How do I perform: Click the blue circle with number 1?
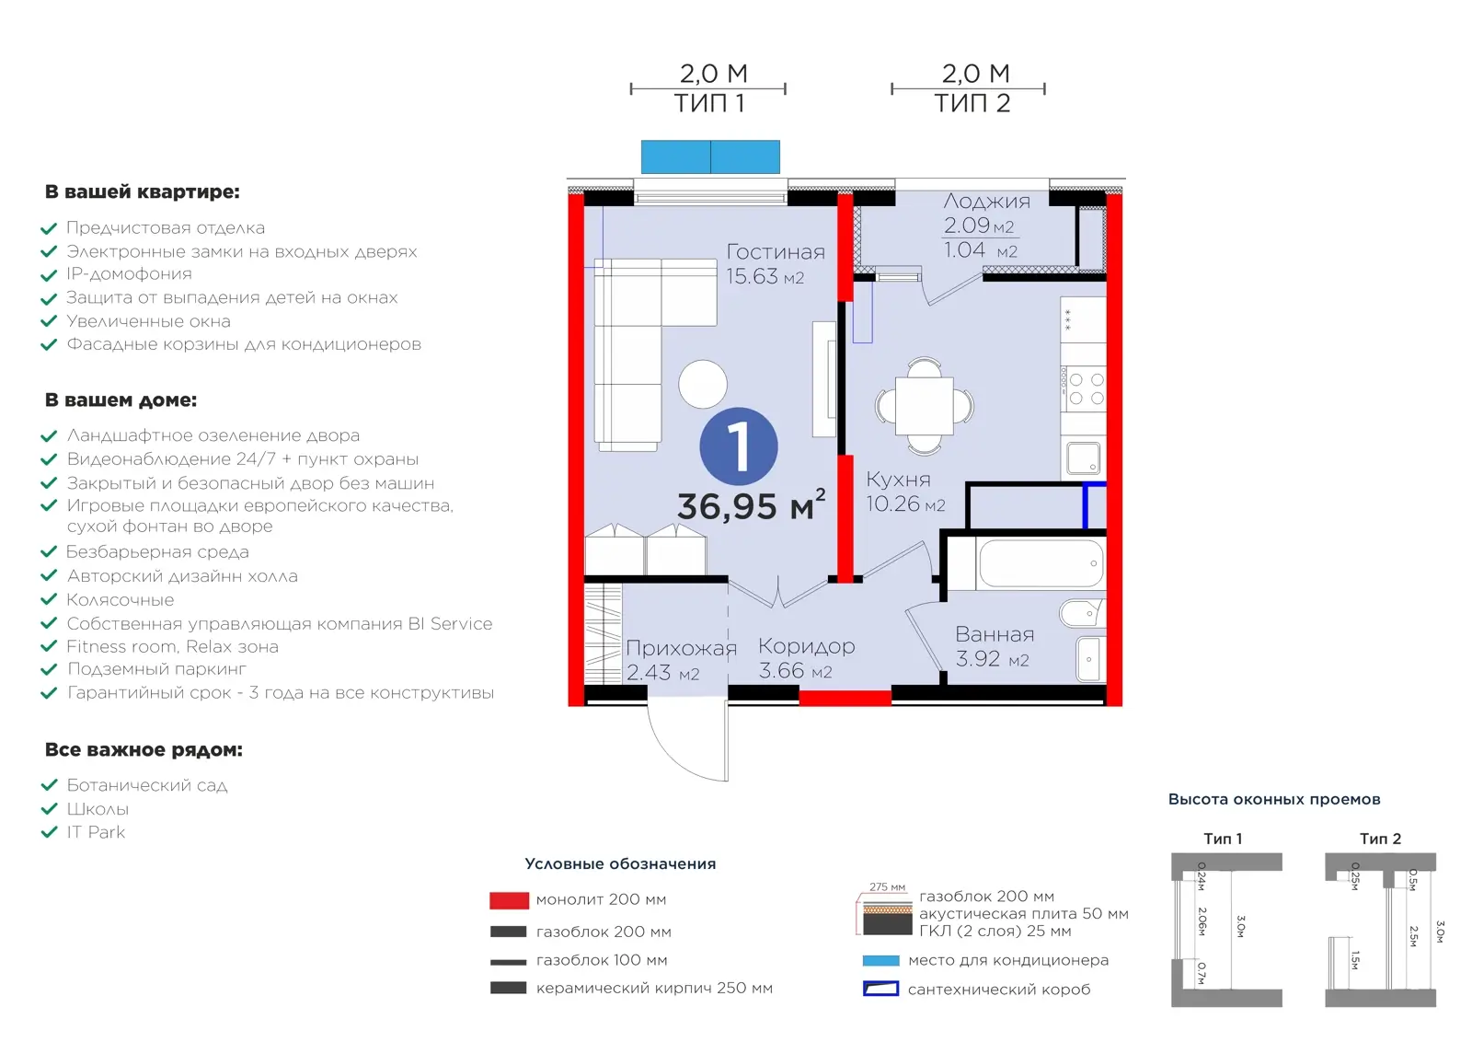pyautogui.click(x=739, y=446)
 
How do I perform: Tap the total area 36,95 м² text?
pyautogui.click(x=751, y=505)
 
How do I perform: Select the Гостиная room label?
pyautogui.click(x=776, y=252)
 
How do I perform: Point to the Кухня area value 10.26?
pyautogui.click(x=892, y=504)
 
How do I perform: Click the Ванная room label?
pyautogui.click(x=995, y=634)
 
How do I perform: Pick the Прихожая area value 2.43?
pyautogui.click(x=649, y=673)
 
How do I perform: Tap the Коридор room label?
pyautogui.click(x=806, y=646)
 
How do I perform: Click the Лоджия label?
pyautogui.click(x=986, y=202)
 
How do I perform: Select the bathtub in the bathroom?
pyautogui.click(x=1041, y=563)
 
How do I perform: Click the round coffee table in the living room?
pyautogui.click(x=703, y=385)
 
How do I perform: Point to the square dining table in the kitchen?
pyautogui.click(x=924, y=406)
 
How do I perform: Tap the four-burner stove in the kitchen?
pyautogui.click(x=1083, y=388)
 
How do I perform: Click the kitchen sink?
pyautogui.click(x=1083, y=458)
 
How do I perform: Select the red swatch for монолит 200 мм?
pyautogui.click(x=509, y=900)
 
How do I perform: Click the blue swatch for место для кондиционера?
pyautogui.click(x=880, y=960)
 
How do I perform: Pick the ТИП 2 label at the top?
pyautogui.click(x=972, y=103)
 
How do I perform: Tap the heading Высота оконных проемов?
pyautogui.click(x=1274, y=799)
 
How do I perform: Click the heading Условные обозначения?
pyautogui.click(x=620, y=863)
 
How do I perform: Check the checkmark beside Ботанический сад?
pyautogui.click(x=50, y=785)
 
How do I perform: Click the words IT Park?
pyautogui.click(x=96, y=832)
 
